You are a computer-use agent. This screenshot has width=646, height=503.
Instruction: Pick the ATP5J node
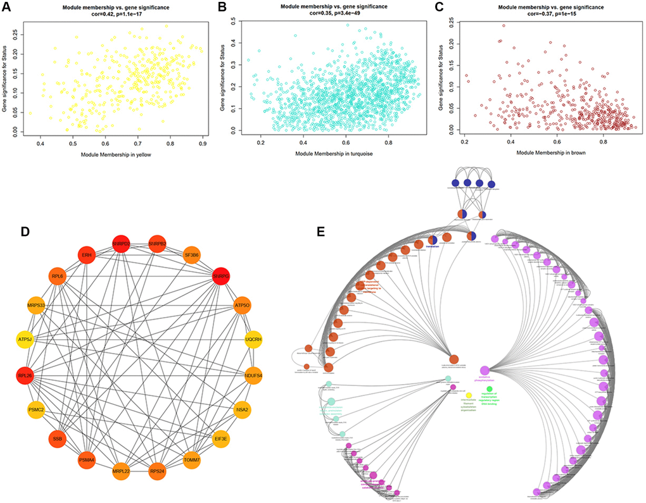26,341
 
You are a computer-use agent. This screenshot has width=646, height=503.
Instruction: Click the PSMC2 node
35,410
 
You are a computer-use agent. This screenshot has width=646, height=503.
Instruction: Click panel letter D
25,232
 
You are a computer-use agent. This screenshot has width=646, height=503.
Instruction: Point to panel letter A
8,8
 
